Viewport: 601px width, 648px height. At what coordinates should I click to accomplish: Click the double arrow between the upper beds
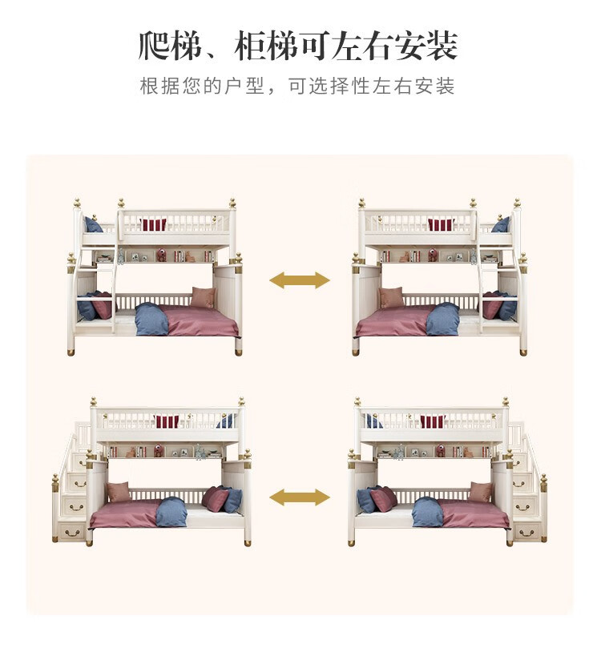[299, 280]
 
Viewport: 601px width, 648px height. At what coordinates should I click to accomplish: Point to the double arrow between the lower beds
[299, 497]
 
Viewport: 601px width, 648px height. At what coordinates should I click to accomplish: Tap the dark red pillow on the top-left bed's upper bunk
[154, 224]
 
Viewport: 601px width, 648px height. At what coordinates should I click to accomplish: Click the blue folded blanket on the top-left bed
[151, 320]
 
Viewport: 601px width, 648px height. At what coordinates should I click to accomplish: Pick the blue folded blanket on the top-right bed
[443, 319]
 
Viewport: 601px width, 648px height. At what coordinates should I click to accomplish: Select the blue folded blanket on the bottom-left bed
[171, 513]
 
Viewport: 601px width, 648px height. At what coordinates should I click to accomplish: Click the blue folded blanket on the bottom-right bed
[427, 513]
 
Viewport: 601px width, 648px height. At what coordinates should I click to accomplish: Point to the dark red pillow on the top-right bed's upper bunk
[440, 224]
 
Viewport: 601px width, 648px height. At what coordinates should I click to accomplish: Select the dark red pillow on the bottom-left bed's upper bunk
[167, 421]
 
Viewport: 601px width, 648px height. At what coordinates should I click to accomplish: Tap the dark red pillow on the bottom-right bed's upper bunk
[433, 421]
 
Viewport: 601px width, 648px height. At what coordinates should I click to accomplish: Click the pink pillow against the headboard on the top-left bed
[204, 298]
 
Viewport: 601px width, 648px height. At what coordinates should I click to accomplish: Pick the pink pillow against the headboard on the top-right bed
[391, 298]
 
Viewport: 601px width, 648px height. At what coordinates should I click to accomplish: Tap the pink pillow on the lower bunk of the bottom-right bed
[482, 492]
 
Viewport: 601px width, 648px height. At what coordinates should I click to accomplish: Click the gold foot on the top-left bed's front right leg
[239, 351]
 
